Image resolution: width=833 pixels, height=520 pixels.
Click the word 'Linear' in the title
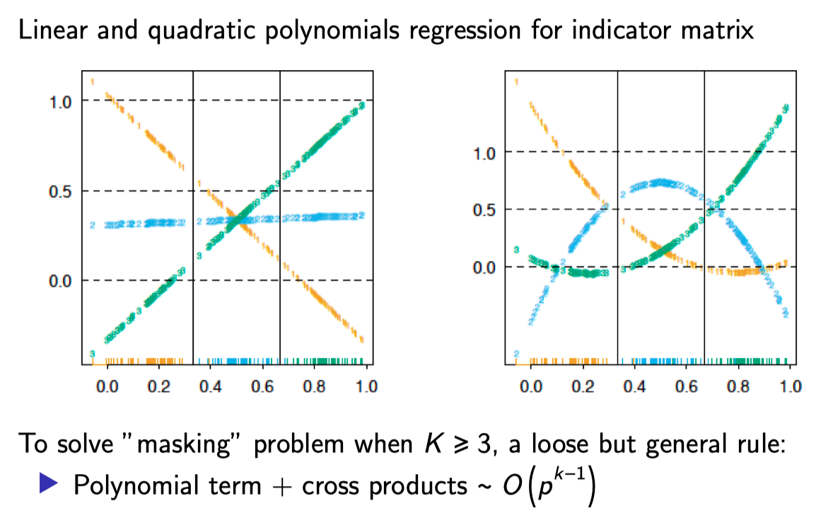pos(48,32)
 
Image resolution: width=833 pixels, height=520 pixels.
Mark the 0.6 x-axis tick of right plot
pos(687,387)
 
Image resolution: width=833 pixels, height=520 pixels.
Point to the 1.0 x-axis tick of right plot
pos(790,387)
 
